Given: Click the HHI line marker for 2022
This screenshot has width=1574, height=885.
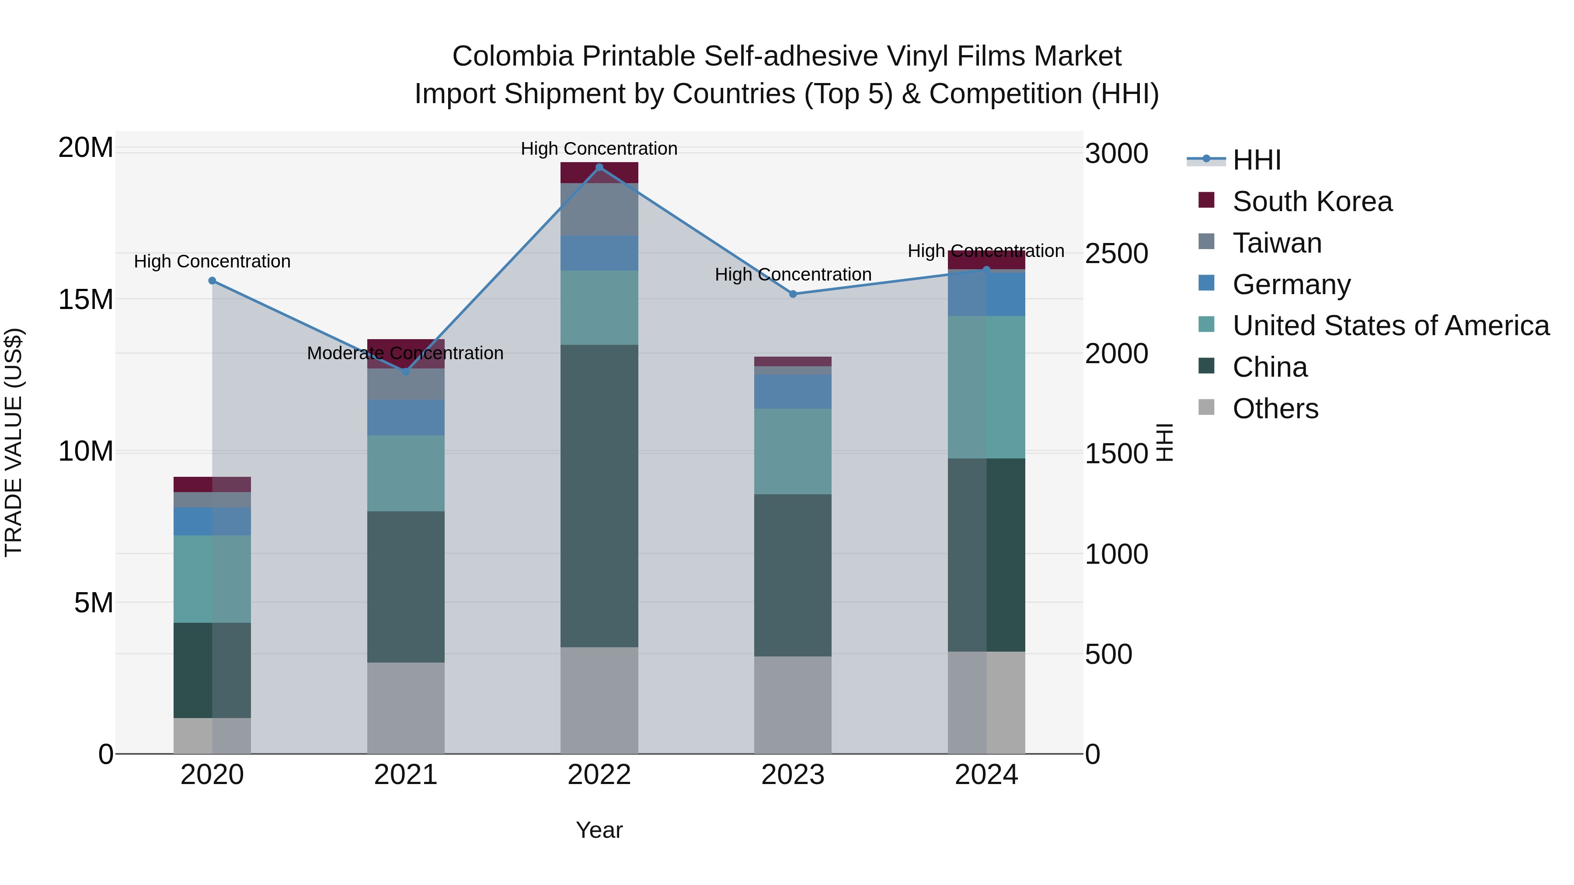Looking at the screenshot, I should coord(599,167).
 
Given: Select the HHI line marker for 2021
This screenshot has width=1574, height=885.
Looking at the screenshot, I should coord(406,371).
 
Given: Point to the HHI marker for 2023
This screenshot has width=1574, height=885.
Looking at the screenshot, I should coord(793,294).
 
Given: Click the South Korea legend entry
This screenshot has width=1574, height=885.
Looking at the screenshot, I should coord(1312,201).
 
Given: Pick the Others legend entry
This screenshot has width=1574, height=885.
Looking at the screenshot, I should coord(1275,409).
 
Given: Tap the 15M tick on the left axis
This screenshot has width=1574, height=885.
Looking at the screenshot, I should coord(86,299).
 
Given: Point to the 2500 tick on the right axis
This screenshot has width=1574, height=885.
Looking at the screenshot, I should coord(1116,253).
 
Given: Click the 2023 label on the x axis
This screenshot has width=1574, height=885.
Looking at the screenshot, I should coord(793,775).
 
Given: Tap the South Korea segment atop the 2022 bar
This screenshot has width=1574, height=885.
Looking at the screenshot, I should coord(599,173).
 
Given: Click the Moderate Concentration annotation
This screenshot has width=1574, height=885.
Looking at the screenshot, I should coord(405,353).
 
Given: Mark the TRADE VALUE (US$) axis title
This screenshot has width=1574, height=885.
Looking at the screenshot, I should coord(14,442).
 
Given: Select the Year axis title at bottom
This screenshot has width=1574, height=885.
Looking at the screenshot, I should coord(599,830).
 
